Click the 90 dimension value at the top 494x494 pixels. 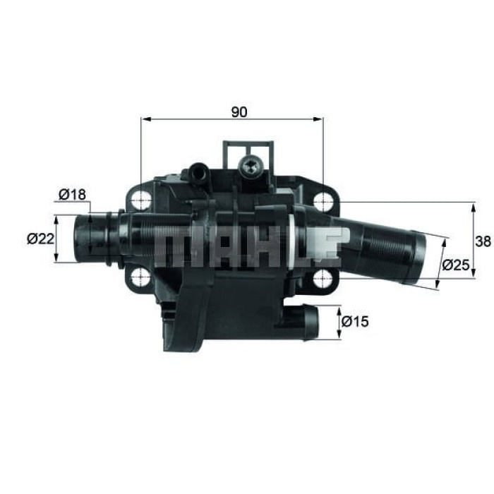point(239,112)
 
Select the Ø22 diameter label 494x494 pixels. point(41,239)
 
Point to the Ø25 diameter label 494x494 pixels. point(457,265)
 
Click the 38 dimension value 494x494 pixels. point(483,241)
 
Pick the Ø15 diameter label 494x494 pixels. point(355,322)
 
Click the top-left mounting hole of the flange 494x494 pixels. point(143,201)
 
